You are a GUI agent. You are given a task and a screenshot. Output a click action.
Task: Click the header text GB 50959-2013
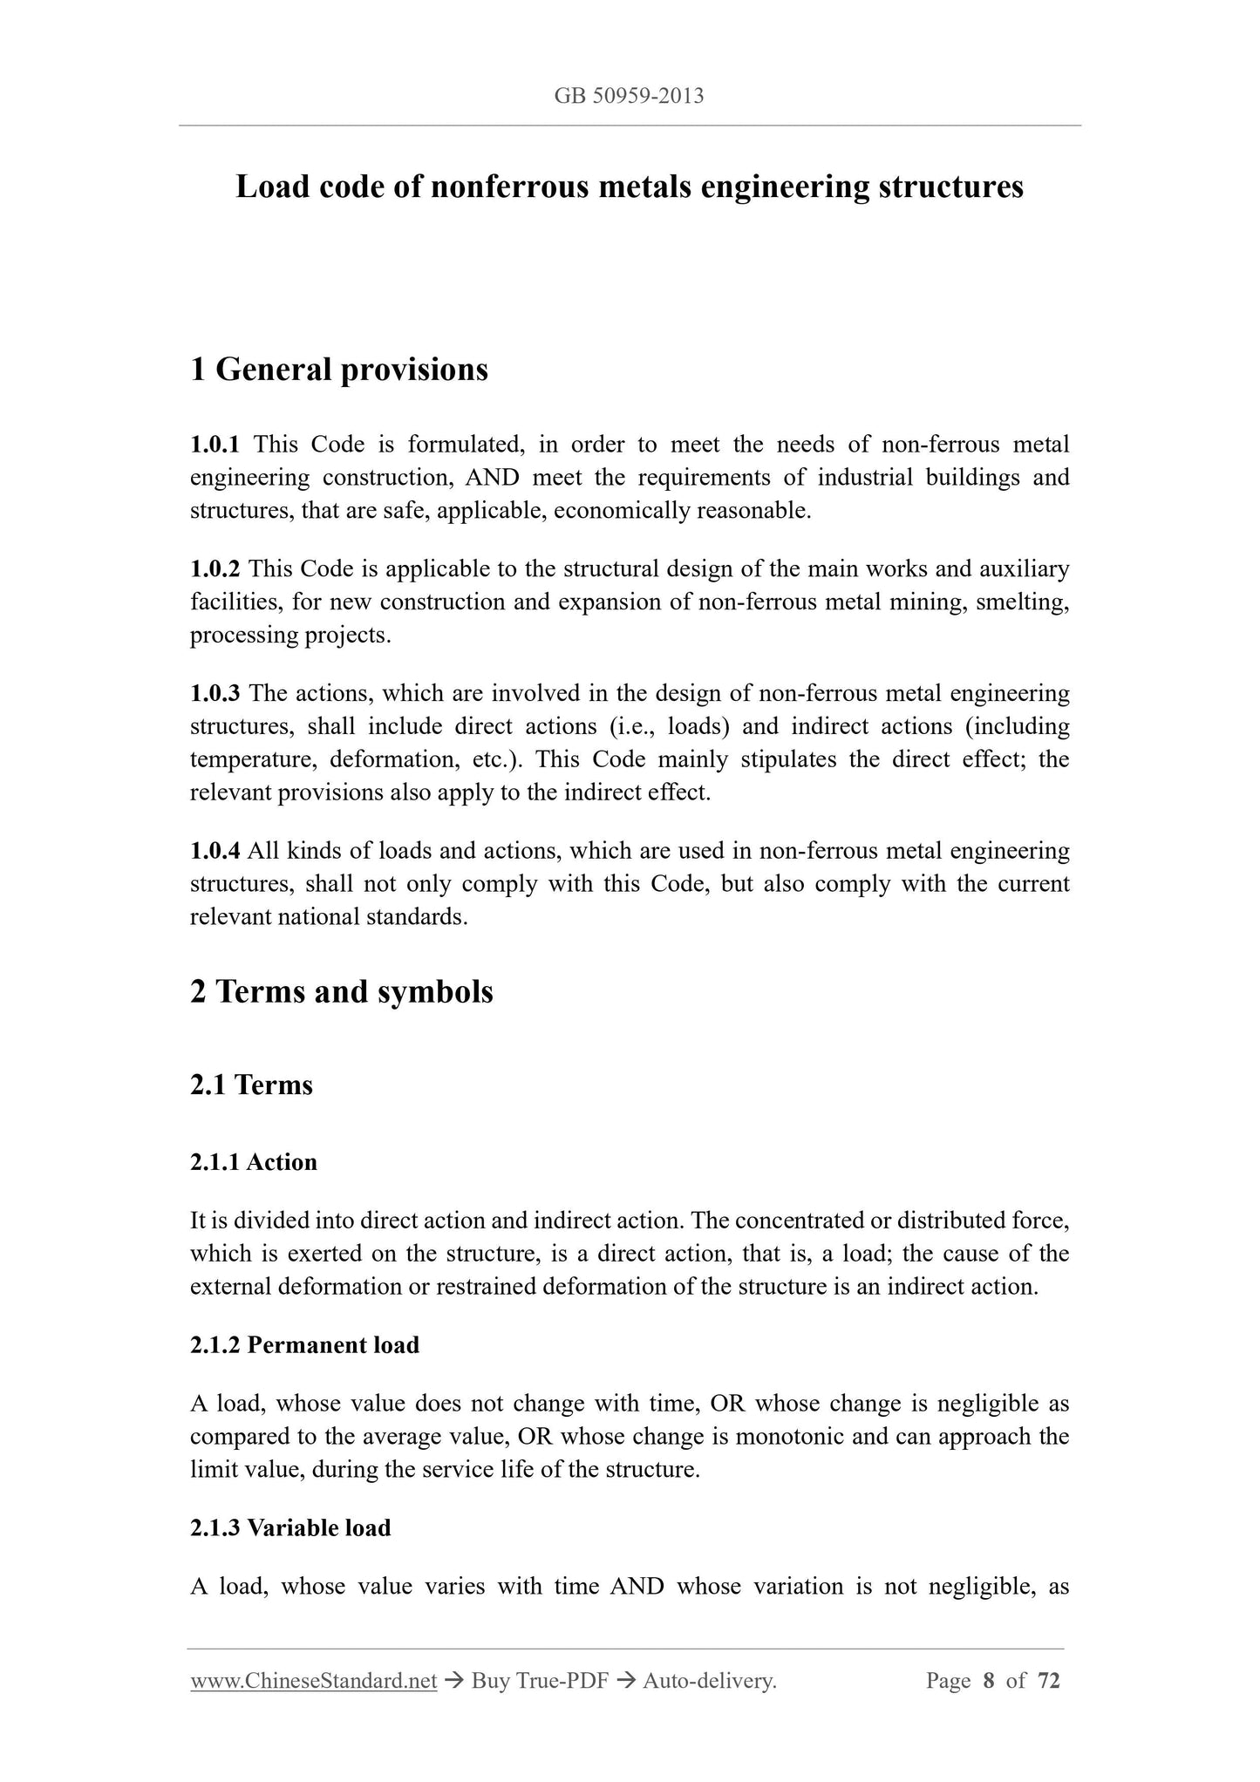629,96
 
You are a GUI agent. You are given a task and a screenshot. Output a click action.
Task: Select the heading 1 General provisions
339,370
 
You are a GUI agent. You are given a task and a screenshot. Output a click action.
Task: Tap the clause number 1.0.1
215,445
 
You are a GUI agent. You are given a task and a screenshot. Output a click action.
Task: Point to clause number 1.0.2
215,569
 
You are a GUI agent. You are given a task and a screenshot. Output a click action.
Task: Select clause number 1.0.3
215,694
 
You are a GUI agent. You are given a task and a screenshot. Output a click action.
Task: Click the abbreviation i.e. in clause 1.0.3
638,727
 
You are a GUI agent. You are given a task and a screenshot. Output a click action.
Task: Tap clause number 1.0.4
215,851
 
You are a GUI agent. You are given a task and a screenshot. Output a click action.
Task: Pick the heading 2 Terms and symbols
342,992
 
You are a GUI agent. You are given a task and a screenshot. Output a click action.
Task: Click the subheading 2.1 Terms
251,1085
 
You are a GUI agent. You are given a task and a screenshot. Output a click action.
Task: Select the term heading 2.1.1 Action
254,1162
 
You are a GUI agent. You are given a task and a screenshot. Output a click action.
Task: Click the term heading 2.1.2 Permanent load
304,1345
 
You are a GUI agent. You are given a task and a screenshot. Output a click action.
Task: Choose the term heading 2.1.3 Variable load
290,1528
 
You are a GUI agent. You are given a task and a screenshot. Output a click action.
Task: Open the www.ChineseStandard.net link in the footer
313,1681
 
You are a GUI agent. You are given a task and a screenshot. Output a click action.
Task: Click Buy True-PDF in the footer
539,1681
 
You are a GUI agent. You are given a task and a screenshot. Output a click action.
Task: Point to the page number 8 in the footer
988,1681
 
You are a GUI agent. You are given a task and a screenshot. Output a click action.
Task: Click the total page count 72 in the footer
1049,1681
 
